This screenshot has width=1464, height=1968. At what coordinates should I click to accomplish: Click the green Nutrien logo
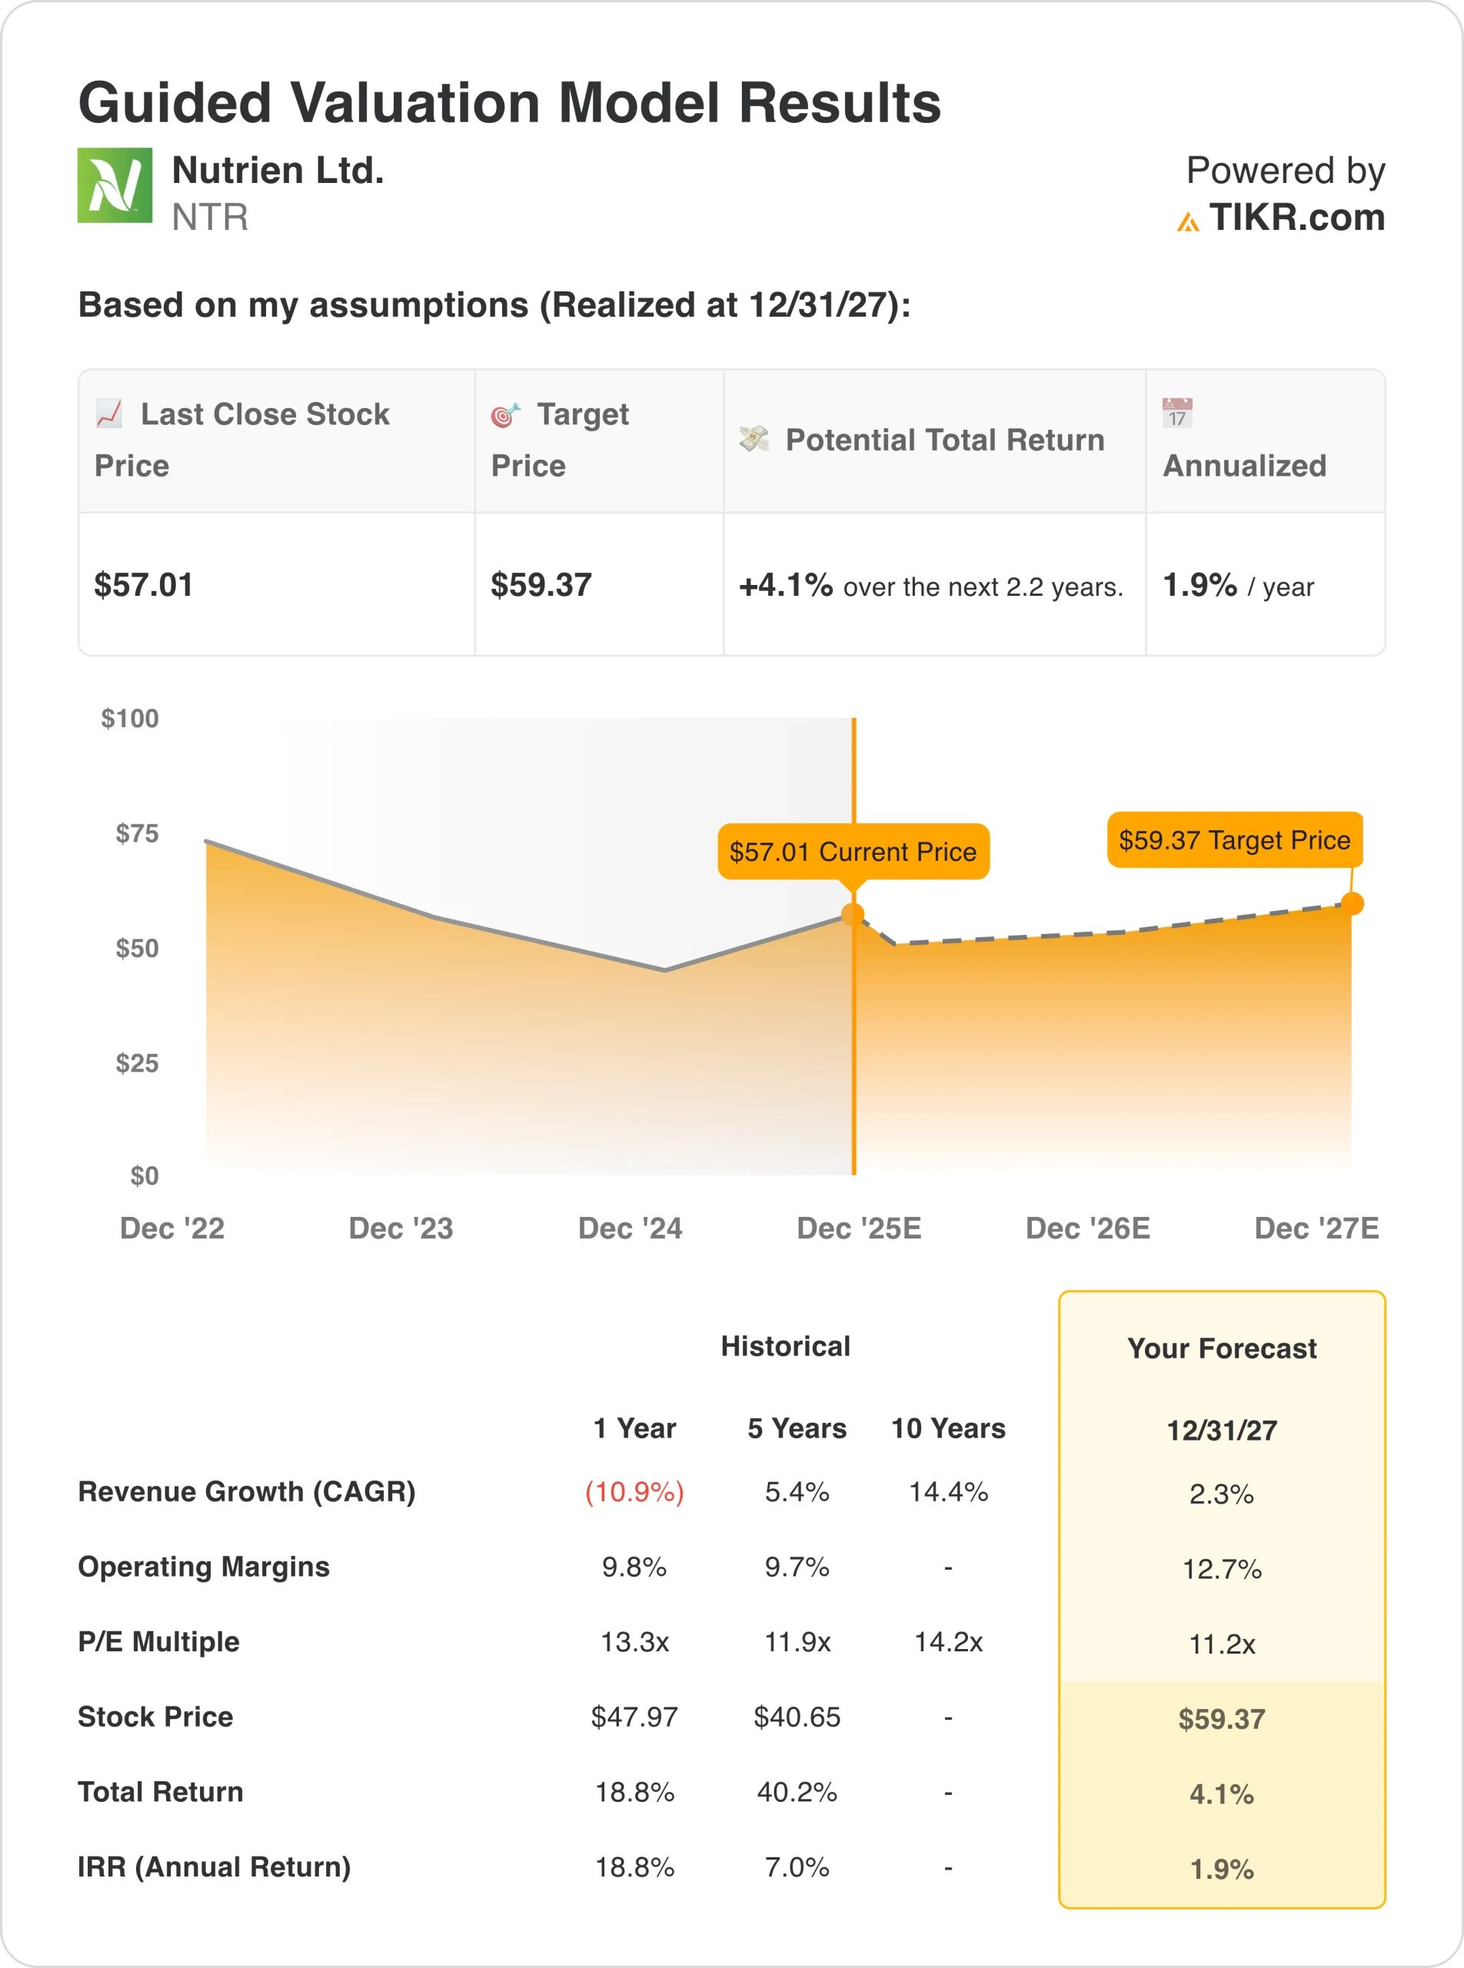115,185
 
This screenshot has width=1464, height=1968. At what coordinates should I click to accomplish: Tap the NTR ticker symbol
210,217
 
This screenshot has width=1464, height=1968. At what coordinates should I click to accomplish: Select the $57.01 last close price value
144,585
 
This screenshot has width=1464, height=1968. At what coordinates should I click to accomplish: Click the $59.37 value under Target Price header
541,585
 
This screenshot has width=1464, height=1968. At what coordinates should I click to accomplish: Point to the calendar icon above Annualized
1177,413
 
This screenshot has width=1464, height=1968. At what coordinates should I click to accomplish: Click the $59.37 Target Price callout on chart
1233,840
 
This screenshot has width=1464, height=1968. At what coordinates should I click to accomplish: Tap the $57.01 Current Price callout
853,852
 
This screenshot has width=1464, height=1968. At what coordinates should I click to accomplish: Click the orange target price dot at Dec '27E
1352,904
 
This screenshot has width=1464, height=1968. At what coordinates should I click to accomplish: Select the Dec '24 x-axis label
630,1228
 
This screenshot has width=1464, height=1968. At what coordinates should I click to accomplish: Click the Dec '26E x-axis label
1087,1228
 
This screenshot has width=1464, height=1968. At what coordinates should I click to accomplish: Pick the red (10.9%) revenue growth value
634,1492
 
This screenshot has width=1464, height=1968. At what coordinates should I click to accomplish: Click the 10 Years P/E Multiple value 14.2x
948,1642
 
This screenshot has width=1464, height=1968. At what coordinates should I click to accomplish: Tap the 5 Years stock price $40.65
797,1717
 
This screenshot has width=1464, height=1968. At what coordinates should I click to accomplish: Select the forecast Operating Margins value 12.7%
1221,1569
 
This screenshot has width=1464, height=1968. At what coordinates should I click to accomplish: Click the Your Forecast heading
1221,1348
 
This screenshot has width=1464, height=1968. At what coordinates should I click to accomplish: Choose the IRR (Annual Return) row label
215,1867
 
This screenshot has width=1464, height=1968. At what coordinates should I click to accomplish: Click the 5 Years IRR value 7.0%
797,1867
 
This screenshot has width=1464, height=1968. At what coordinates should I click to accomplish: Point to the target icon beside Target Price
505,414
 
